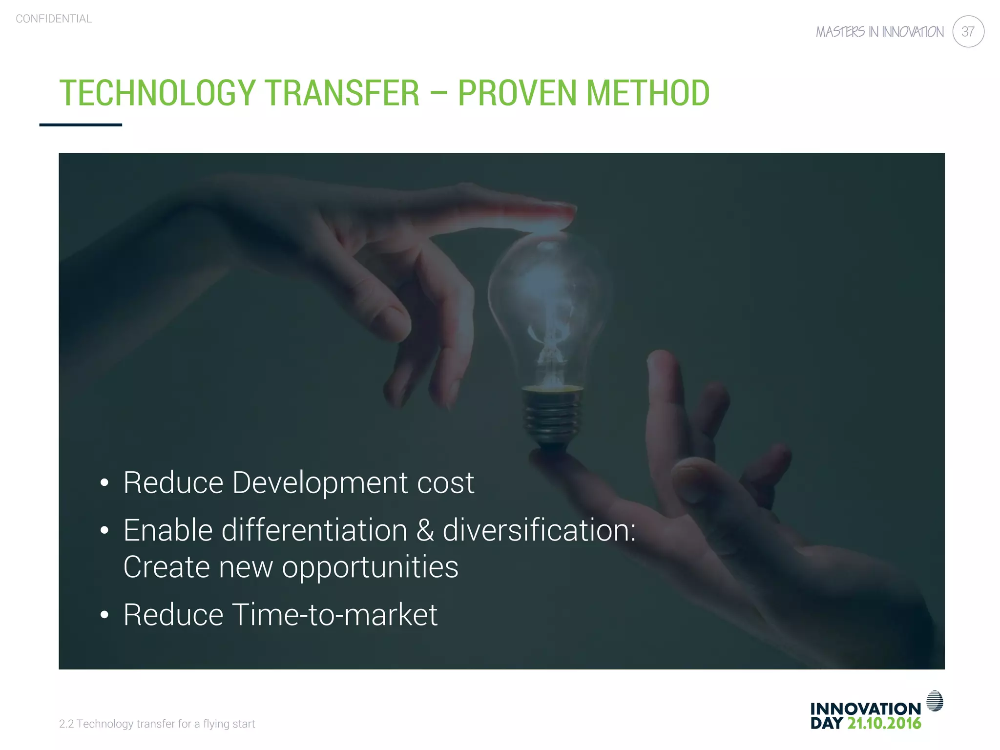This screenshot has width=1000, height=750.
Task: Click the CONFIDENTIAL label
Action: click(54, 19)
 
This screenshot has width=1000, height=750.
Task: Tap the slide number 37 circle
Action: click(968, 32)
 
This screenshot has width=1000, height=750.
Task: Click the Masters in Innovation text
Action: click(879, 32)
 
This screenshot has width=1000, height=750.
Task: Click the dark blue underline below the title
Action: click(81, 125)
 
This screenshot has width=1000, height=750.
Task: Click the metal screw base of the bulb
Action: click(552, 415)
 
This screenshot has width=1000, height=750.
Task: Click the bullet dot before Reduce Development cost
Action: click(104, 483)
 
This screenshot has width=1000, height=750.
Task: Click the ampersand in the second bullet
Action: click(425, 531)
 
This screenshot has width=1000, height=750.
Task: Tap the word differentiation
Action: click(314, 531)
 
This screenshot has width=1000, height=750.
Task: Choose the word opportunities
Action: click(370, 567)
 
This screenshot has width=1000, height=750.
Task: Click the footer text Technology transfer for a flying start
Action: click(157, 724)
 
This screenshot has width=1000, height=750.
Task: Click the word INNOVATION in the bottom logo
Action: click(865, 708)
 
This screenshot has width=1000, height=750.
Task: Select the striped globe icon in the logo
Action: click(934, 701)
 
